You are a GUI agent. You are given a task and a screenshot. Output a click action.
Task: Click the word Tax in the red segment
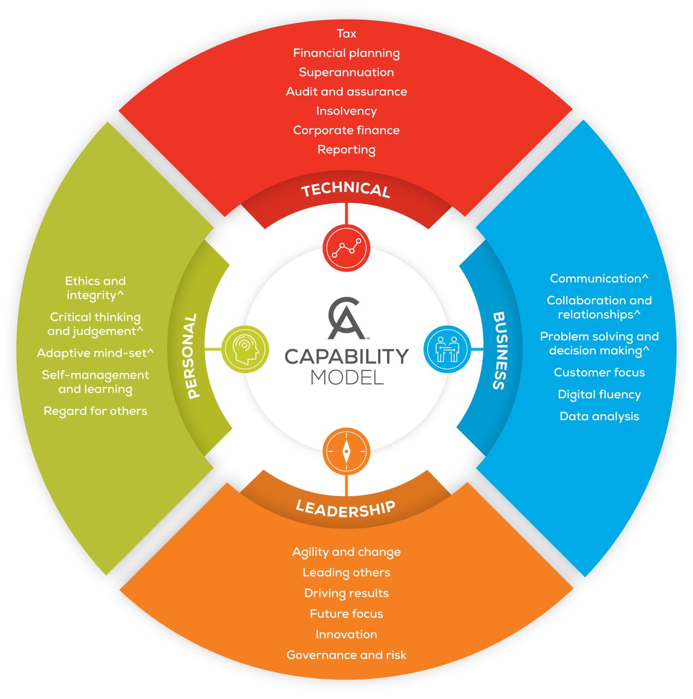tap(346, 34)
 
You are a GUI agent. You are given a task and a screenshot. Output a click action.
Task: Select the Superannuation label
tap(346, 72)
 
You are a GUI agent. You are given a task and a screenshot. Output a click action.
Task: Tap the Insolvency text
tap(346, 111)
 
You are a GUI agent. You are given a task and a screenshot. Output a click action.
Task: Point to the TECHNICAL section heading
tap(346, 189)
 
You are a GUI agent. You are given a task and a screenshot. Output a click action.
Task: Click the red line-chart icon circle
tap(346, 248)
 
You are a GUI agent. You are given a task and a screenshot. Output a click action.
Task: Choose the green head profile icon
tap(245, 349)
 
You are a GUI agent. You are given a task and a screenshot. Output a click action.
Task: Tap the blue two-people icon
tap(447, 349)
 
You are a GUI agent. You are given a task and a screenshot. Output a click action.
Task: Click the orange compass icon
tap(346, 451)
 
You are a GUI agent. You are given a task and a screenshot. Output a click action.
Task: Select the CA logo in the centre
tap(346, 318)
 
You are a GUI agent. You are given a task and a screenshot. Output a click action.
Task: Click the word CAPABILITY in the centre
tap(346, 356)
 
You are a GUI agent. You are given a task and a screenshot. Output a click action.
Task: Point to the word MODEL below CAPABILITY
tap(347, 377)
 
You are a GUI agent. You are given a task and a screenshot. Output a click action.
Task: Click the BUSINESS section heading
tap(500, 351)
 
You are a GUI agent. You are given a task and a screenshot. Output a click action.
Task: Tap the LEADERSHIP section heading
tap(345, 509)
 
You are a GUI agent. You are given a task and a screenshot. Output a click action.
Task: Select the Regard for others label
tap(96, 412)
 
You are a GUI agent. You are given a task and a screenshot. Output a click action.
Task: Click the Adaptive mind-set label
tap(96, 353)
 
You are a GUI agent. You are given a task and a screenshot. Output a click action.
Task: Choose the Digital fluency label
tap(600, 395)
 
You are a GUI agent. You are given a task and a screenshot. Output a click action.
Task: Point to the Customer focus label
tap(600, 373)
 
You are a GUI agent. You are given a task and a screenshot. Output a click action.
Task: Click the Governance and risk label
tap(346, 655)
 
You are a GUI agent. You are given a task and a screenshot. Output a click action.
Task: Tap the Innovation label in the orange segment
tap(346, 635)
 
